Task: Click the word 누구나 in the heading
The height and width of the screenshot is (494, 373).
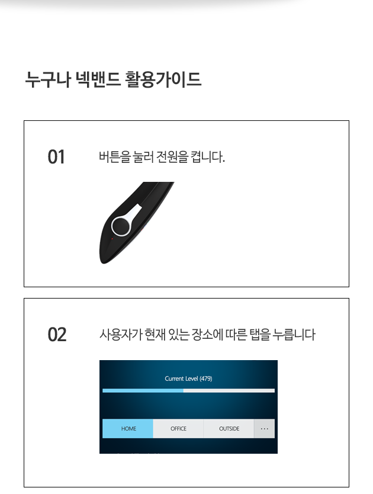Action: pos(48,79)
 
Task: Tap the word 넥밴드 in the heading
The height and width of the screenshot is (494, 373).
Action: pos(98,79)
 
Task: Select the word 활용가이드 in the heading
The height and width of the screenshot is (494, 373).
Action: pos(163,79)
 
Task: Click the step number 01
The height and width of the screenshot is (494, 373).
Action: pos(56,157)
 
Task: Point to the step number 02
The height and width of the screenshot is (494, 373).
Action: pos(57,335)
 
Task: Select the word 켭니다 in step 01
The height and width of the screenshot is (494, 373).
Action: pos(208,156)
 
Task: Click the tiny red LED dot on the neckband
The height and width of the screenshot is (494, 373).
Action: pos(112,239)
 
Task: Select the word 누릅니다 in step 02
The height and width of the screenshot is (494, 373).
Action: pos(294,335)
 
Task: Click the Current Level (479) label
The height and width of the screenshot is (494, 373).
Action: pos(188,378)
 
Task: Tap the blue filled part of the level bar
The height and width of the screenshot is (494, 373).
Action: pos(143,391)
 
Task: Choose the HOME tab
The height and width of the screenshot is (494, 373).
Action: pos(128,428)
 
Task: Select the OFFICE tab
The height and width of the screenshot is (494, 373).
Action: pos(178,428)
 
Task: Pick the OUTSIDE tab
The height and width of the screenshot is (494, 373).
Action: pos(229,428)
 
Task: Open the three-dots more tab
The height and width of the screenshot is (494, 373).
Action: pos(264,428)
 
